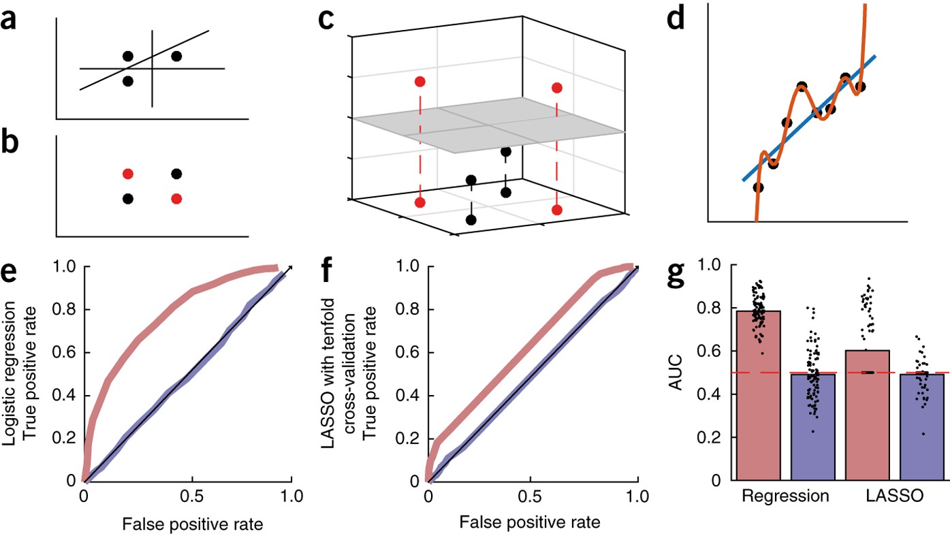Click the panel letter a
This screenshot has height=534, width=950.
[8, 20]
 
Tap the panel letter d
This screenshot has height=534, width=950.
[676, 18]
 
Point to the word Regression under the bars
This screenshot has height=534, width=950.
[785, 496]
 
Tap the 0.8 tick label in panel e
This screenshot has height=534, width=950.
[64, 309]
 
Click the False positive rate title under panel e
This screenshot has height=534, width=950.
[193, 524]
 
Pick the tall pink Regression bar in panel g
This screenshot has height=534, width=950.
[759, 395]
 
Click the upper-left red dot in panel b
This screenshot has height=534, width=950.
[127, 174]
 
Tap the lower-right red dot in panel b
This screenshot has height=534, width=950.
[176, 198]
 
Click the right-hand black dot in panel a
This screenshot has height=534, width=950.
[176, 56]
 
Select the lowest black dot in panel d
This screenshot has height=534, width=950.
[759, 187]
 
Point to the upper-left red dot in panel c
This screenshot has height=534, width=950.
[420, 82]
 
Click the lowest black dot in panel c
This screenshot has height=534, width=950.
[471, 220]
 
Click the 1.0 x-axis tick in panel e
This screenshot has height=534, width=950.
[291, 495]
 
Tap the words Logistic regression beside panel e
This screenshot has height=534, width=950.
[10, 373]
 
